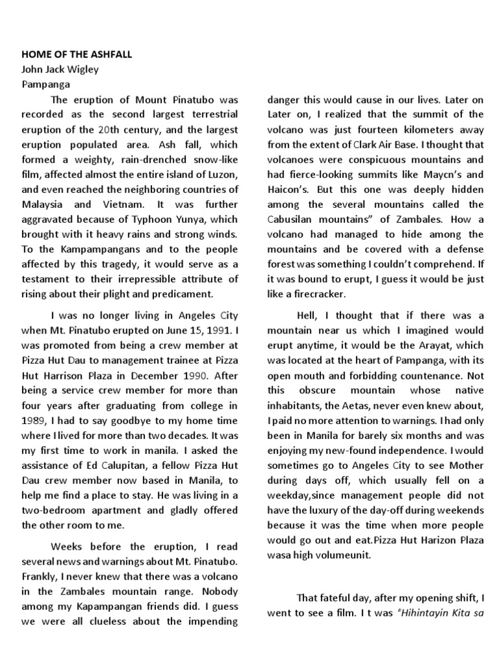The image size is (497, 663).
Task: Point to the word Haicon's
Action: tap(289, 189)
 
